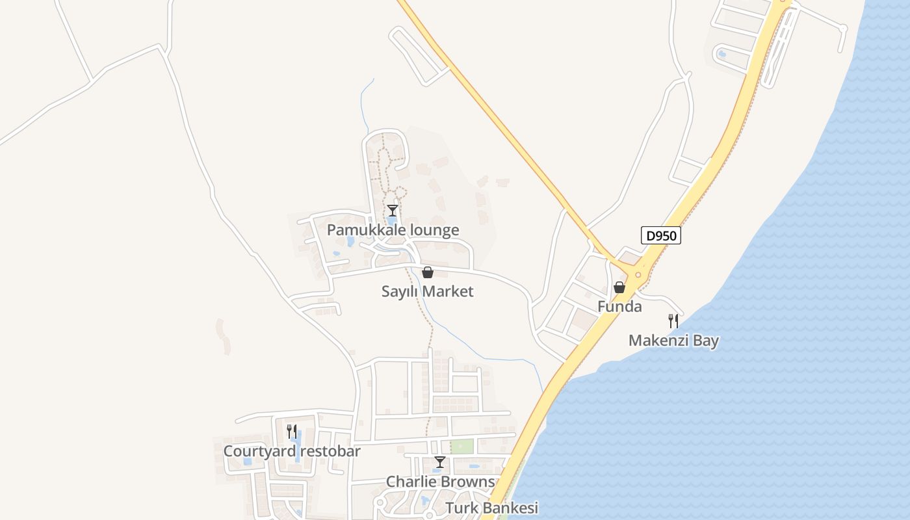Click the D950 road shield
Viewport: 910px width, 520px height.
661,235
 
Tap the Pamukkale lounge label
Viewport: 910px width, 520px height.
393,230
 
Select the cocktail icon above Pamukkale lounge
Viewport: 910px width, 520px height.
393,211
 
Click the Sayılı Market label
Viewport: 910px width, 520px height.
427,291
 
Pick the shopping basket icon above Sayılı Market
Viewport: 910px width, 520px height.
428,272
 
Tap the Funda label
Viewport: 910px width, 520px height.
619,306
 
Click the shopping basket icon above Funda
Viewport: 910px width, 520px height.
619,287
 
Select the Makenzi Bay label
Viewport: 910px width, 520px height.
673,340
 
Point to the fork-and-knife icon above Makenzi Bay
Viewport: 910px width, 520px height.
673,320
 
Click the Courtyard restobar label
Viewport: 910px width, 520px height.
292,451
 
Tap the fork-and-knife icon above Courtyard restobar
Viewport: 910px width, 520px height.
292,431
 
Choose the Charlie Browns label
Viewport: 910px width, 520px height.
440,482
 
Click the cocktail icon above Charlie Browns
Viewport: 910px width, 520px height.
440,462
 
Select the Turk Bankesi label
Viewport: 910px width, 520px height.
492,508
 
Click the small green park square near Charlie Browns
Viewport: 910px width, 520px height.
461,447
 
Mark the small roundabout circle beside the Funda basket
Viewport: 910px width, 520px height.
638,275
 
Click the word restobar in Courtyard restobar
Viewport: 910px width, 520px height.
329,451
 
